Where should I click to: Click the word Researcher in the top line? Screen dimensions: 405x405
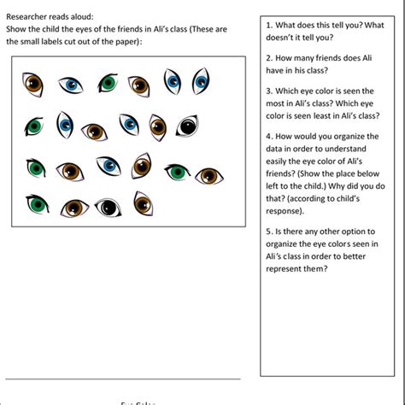pos(27,16)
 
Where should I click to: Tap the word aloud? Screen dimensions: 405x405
pos(81,16)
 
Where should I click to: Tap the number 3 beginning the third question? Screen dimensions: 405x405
pos(268,90)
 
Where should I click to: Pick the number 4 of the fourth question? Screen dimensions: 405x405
pos(268,136)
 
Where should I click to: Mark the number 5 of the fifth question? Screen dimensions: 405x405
pos(268,231)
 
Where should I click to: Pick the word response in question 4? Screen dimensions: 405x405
pos(288,208)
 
